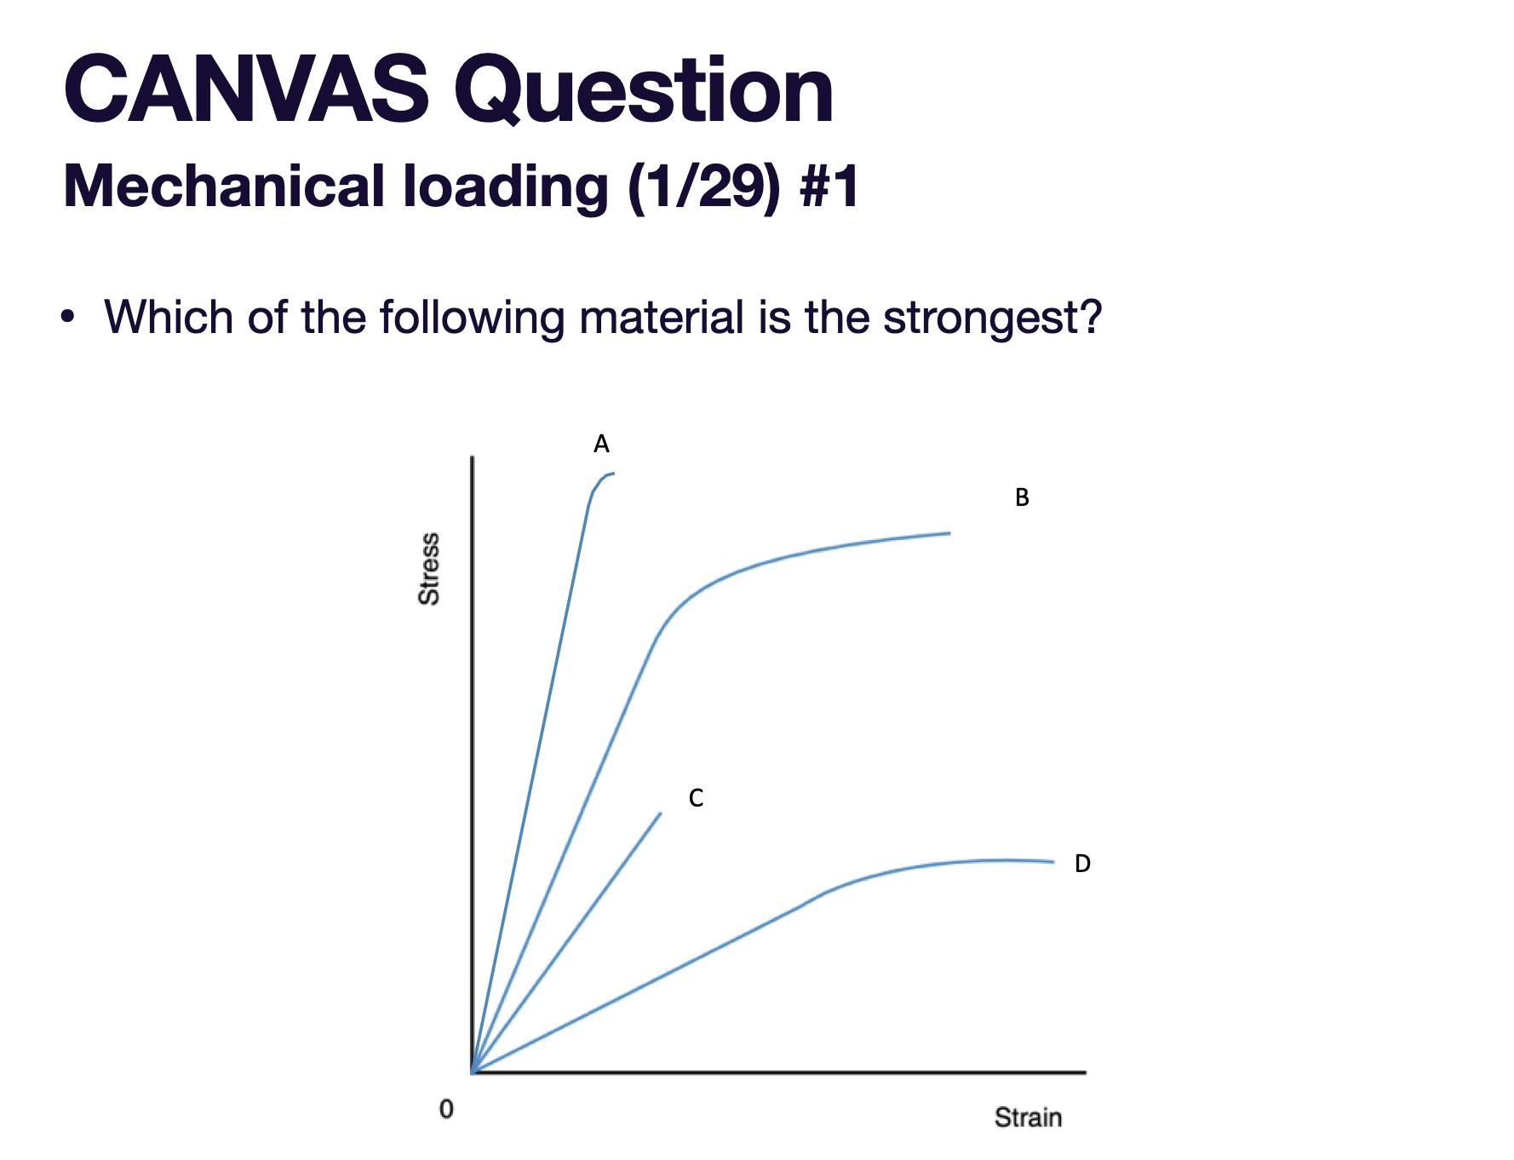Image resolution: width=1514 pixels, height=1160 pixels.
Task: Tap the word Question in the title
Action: (x=645, y=89)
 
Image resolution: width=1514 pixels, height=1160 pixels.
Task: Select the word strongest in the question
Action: (x=991, y=318)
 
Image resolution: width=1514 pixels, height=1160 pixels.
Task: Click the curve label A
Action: (x=601, y=444)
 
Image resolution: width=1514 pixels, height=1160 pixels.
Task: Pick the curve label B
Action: (x=1022, y=497)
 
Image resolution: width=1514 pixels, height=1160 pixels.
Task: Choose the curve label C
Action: (x=696, y=798)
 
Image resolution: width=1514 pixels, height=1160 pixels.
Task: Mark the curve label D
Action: (x=1082, y=864)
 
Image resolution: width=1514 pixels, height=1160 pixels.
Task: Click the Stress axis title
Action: (x=430, y=568)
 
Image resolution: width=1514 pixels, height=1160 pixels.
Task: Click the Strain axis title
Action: (x=1028, y=1117)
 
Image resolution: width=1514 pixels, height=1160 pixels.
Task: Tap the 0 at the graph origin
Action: (x=444, y=1109)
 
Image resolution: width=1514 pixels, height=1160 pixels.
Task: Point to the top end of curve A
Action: (x=612, y=474)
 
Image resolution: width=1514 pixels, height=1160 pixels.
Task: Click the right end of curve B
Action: (x=949, y=533)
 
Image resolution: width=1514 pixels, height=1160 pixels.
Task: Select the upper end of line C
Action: (x=660, y=814)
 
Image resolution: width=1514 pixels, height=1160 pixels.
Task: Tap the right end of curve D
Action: (x=1052, y=862)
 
